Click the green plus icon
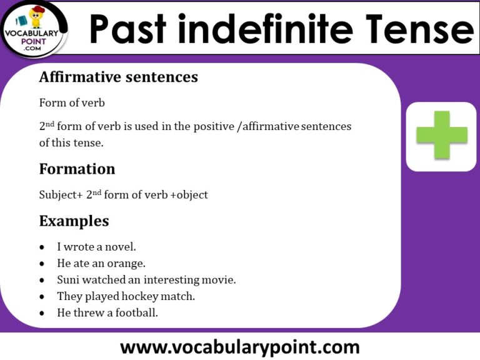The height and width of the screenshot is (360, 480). click(x=442, y=135)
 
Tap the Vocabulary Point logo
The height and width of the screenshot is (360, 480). click(x=35, y=28)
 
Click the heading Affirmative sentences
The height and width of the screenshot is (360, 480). click(x=118, y=77)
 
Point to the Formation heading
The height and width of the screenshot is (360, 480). click(x=77, y=169)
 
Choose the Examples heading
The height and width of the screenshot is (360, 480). click(x=74, y=221)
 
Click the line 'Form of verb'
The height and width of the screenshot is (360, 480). click(x=72, y=102)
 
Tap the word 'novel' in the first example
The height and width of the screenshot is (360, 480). click(x=121, y=247)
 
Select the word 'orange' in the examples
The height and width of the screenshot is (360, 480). click(x=128, y=263)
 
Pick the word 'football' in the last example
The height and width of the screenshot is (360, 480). click(x=135, y=312)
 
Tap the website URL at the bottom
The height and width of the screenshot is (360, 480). click(x=240, y=346)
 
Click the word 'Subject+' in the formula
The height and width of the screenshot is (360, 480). click(x=61, y=195)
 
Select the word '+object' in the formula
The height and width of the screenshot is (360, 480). click(x=189, y=195)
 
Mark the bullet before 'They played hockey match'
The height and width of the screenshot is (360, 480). click(x=42, y=297)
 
